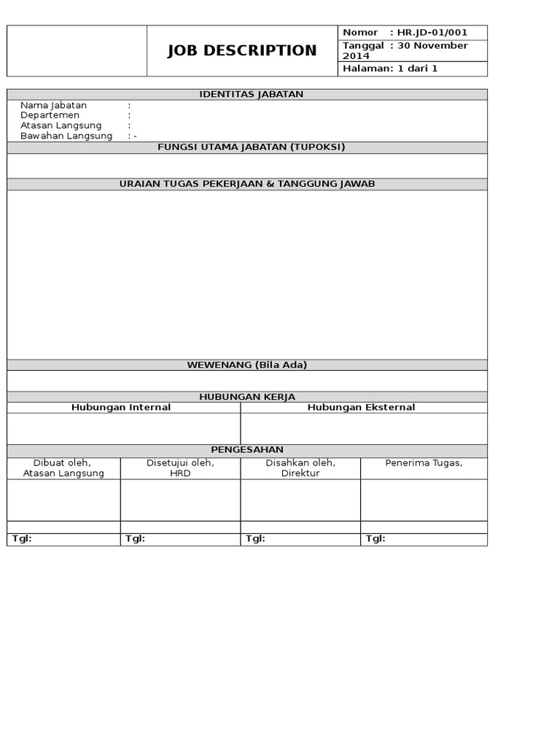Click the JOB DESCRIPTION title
pos(242,50)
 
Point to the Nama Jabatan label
pos(53,105)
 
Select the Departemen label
pos(50,115)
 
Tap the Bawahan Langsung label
pos(66,136)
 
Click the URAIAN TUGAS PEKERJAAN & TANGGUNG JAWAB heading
pos(247,184)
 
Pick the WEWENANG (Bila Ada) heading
pos(247,365)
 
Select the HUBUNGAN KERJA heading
pos(247,396)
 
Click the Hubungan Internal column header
pos(121,407)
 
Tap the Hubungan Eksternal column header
pos(361,407)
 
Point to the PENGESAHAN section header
pos(247,450)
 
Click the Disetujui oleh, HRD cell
pos(179,468)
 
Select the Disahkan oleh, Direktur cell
pos(300,468)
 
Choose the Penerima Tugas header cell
pos(424,463)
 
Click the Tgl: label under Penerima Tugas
pos(376,539)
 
